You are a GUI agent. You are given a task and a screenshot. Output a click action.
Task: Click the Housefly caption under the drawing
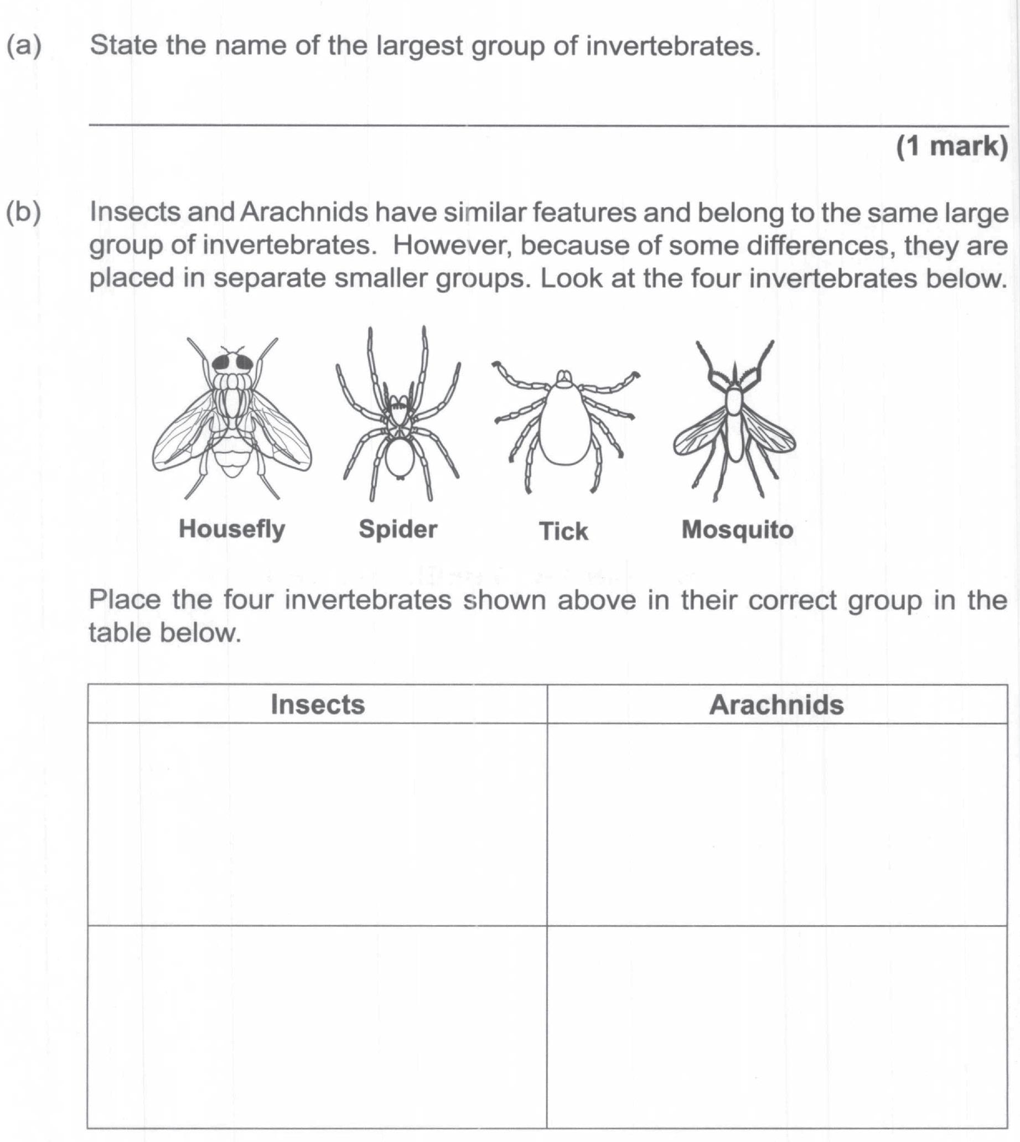[x=231, y=528]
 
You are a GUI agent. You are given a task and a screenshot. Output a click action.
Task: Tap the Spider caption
[x=397, y=528]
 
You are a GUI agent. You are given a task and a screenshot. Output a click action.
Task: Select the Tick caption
[x=563, y=531]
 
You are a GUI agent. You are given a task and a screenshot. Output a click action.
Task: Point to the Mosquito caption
[x=737, y=530]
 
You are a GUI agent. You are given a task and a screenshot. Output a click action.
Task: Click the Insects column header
[x=317, y=704]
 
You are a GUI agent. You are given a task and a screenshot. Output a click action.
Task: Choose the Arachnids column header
[x=776, y=704]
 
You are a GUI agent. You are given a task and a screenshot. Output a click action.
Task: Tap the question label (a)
[x=24, y=45]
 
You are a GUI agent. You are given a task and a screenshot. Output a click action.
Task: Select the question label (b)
[x=24, y=212]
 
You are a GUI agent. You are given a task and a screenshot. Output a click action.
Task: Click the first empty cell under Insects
[x=317, y=824]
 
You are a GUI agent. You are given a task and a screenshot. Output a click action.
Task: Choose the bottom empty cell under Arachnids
[x=776, y=1025]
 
